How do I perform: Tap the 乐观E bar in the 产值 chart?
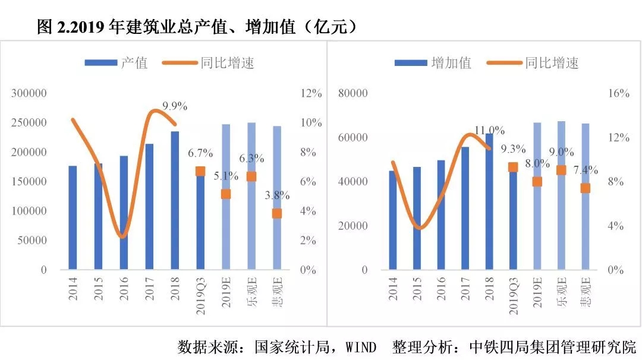[x=251, y=196]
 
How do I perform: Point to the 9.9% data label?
[x=175, y=106]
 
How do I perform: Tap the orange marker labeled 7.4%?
[x=586, y=188]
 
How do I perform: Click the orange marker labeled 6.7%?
[x=200, y=171]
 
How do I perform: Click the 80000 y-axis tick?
[x=353, y=93]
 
